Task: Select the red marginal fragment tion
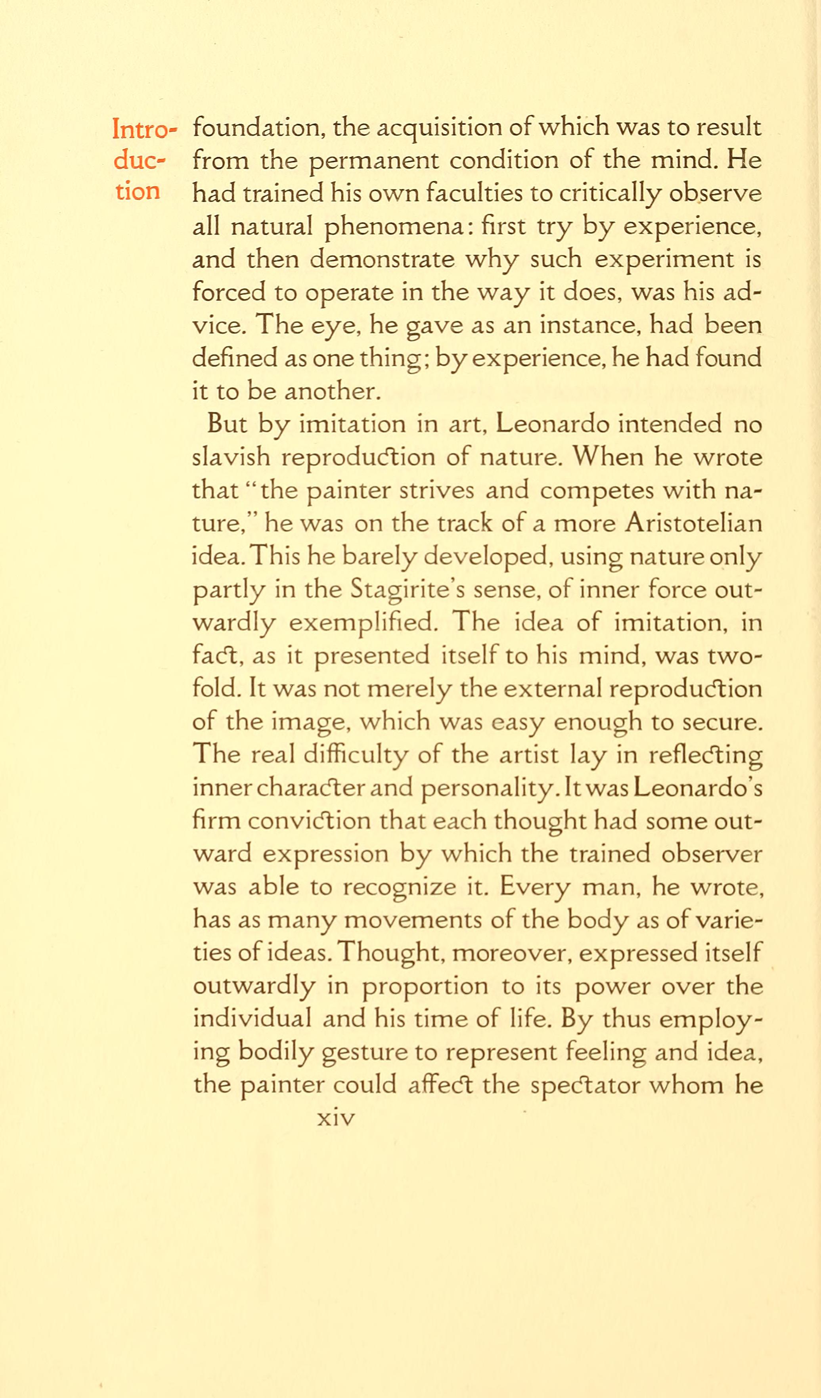(138, 192)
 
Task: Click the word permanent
(373, 161)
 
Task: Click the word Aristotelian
(693, 524)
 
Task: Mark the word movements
(413, 920)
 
